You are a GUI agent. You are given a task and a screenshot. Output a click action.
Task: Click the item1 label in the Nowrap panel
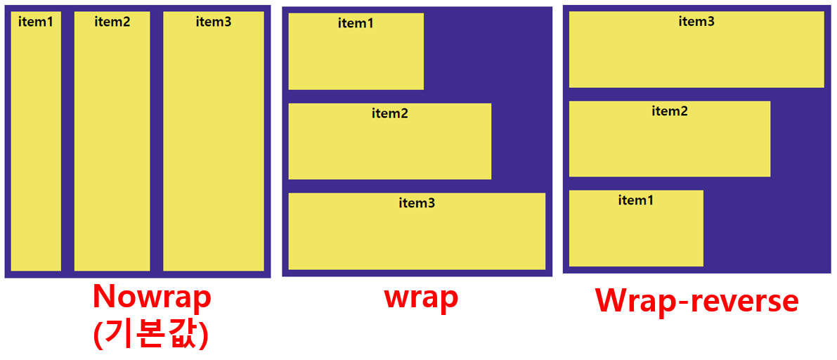point(36,21)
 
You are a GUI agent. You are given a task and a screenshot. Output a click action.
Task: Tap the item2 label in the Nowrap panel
point(112,21)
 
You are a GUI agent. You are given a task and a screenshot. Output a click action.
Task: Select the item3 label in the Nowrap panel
point(214,21)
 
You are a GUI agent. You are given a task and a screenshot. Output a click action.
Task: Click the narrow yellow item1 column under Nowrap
point(36,148)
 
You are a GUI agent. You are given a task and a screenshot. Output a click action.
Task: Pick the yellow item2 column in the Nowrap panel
point(112,148)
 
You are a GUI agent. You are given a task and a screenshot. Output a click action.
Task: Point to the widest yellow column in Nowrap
point(214,148)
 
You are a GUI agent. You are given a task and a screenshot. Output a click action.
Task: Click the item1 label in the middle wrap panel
point(356,23)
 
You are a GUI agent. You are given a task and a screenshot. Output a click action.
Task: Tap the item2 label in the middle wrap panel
point(390,113)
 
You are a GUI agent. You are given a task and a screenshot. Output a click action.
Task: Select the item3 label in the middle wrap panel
point(417,203)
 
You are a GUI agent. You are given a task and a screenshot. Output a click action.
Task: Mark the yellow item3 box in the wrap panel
point(417,236)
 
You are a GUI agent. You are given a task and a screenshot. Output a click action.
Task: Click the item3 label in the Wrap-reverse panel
point(696,21)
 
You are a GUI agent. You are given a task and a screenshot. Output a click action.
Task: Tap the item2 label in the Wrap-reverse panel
point(670,110)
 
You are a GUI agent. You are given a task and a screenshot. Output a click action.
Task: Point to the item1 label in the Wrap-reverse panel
point(636,200)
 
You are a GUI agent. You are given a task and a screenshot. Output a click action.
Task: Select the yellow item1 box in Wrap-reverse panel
point(636,232)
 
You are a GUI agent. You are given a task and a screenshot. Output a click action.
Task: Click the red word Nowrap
point(152,296)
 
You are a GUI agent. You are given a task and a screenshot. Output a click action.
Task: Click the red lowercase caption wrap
point(421,297)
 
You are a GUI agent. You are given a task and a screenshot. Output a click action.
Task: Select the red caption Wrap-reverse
point(696,300)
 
